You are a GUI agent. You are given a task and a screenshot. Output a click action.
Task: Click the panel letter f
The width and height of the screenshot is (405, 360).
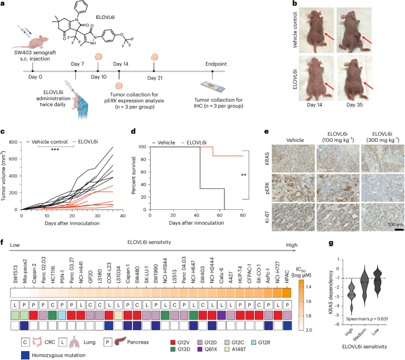tap(4, 208)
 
